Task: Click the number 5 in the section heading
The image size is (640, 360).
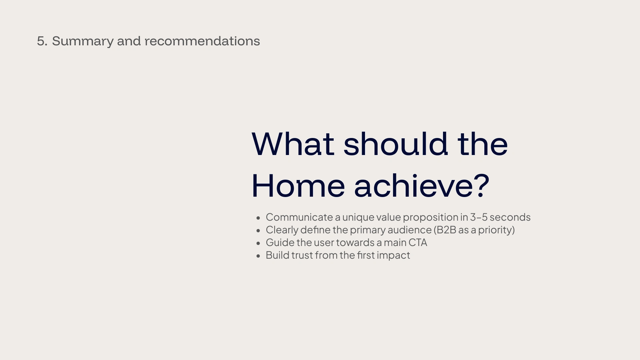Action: pyautogui.click(x=41, y=41)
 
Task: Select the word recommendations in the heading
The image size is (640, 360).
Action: pyautogui.click(x=202, y=41)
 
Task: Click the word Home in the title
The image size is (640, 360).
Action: pyautogui.click(x=298, y=185)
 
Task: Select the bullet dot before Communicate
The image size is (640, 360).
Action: pyautogui.click(x=258, y=218)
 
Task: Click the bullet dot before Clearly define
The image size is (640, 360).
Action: pyautogui.click(x=258, y=231)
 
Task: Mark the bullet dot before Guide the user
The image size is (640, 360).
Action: pyautogui.click(x=258, y=243)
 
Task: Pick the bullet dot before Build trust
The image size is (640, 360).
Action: pyautogui.click(x=258, y=256)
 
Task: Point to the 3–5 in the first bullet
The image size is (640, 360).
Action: pyautogui.click(x=479, y=217)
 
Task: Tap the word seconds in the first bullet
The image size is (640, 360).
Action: pyautogui.click(x=510, y=217)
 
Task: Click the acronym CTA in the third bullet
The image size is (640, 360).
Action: pyautogui.click(x=418, y=242)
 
